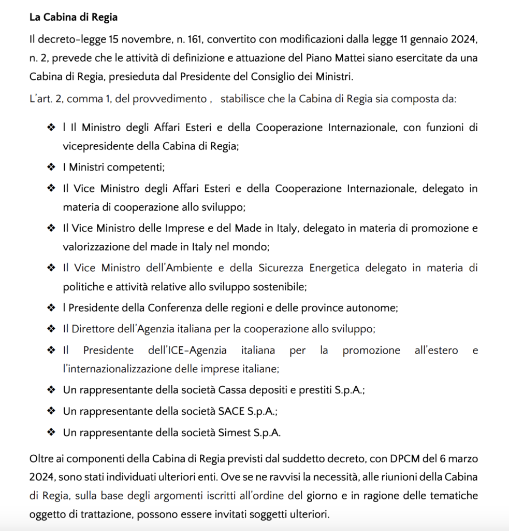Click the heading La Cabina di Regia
pos(73,17)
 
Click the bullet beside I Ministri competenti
pos(51,167)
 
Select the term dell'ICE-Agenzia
pos(187,351)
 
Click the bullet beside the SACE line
pos(51,411)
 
